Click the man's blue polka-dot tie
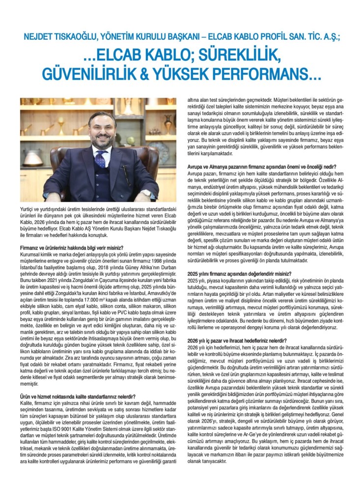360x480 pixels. (x=101, y=158)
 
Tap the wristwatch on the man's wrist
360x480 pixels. (x=145, y=193)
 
